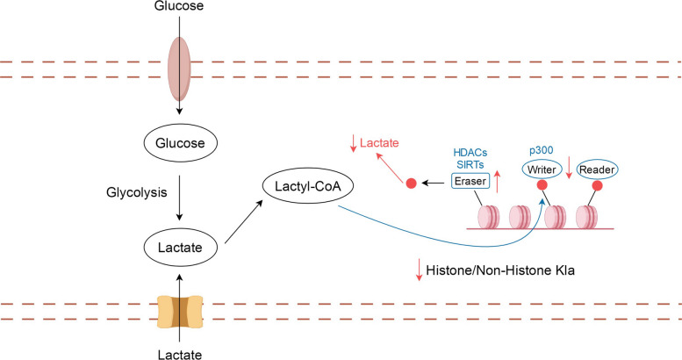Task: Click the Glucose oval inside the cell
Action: click(x=180, y=143)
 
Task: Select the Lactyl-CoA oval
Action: click(x=308, y=186)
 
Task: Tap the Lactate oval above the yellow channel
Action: click(x=180, y=248)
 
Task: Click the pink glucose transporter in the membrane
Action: click(x=179, y=68)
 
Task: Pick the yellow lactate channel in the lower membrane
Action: click(x=180, y=312)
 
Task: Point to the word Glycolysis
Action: click(x=137, y=192)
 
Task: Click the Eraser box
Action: click(x=470, y=181)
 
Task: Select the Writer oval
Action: click(x=542, y=169)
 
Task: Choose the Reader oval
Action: click(x=597, y=169)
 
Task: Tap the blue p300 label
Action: click(x=541, y=151)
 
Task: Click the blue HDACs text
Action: click(x=470, y=153)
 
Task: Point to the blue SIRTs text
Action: click(x=470, y=164)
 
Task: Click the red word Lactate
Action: click(x=379, y=143)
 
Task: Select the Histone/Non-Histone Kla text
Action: click(x=500, y=270)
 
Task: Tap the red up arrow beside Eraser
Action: click(x=498, y=182)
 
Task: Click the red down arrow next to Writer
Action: click(x=569, y=167)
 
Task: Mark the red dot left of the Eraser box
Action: click(x=411, y=184)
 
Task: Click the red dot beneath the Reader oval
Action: click(x=597, y=186)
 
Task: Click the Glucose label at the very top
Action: click(x=179, y=5)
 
